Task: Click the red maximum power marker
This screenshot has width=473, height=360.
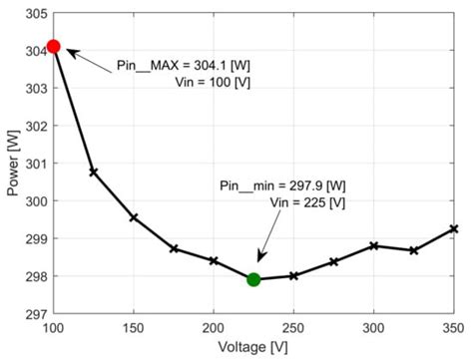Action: tap(53, 46)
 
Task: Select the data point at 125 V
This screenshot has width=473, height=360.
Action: tap(94, 172)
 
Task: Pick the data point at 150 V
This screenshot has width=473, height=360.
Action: tap(134, 217)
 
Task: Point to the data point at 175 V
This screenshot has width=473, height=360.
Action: tap(174, 248)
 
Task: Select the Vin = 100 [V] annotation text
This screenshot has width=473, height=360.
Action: tap(206, 82)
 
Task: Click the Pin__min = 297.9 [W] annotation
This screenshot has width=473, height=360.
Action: tap(281, 185)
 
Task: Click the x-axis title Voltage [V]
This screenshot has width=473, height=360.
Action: tap(252, 346)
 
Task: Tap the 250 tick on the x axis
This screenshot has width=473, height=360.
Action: tap(293, 326)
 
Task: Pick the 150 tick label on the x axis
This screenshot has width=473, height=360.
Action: tap(134, 326)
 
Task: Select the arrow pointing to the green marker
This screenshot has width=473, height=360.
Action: tap(266, 247)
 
